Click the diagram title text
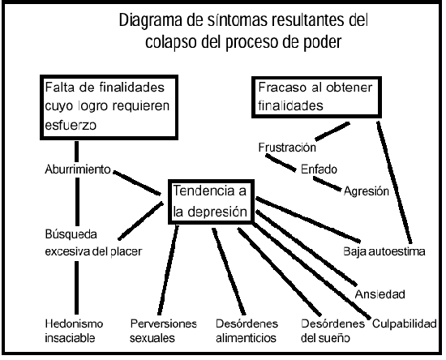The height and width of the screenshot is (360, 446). pyautogui.click(x=243, y=32)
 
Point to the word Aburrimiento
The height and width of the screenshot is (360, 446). pyautogui.click(x=78, y=169)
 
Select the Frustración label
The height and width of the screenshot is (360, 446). pyautogui.click(x=287, y=148)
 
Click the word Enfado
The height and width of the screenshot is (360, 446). pyautogui.click(x=319, y=169)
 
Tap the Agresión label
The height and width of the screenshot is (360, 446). pyautogui.click(x=367, y=191)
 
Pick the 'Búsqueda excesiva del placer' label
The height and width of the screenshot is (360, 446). pyautogui.click(x=93, y=243)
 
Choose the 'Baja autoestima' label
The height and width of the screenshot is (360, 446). pyautogui.click(x=384, y=251)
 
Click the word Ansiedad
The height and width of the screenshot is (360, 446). pyautogui.click(x=380, y=294)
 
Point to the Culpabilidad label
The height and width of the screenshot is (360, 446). pyautogui.click(x=404, y=324)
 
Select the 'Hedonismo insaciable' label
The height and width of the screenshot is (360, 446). pyautogui.click(x=74, y=331)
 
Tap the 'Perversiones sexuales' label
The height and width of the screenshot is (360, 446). pyautogui.click(x=163, y=331)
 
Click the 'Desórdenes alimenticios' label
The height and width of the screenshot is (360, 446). pyautogui.click(x=247, y=331)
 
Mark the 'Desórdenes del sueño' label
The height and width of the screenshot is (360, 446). pyautogui.click(x=332, y=331)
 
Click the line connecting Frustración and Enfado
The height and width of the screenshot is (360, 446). pyautogui.click(x=281, y=163)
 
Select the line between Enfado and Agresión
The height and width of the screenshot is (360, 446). pyautogui.click(x=327, y=184)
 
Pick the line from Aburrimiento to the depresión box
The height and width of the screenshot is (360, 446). pyautogui.click(x=137, y=182)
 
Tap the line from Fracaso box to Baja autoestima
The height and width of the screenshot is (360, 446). pyautogui.click(x=394, y=182)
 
